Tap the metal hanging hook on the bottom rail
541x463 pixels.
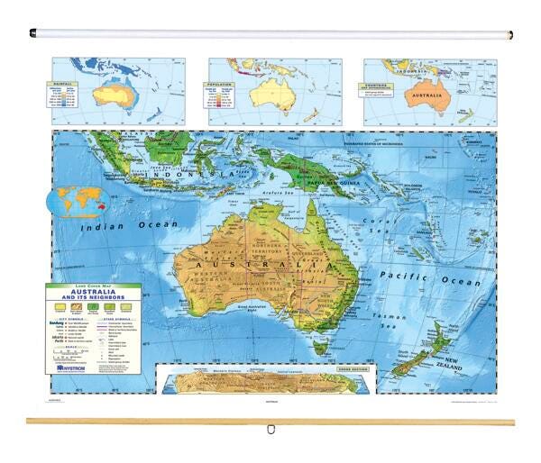(270, 429)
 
